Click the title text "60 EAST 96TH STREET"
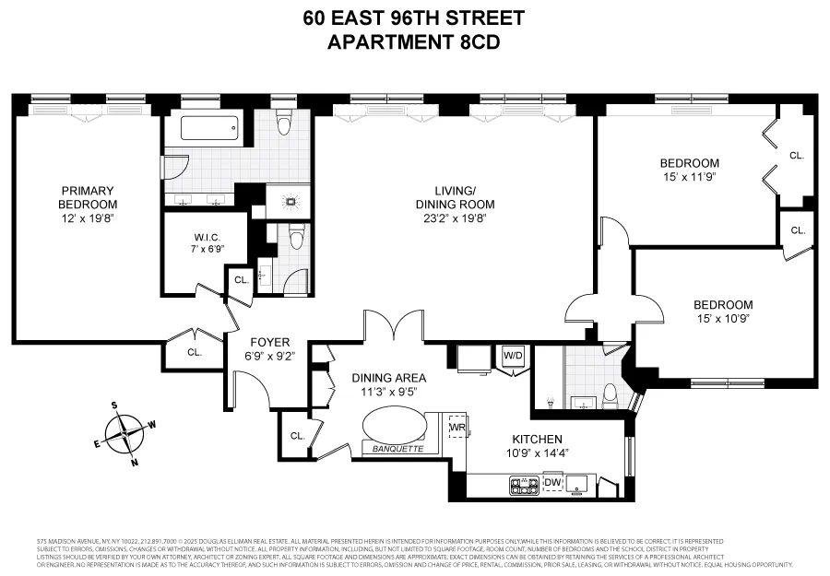414,18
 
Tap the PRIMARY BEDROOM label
88,197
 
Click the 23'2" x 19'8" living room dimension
455,218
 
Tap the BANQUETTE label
394,450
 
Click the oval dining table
395,427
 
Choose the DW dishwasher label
552,482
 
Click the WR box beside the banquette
456,429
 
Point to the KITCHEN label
527,440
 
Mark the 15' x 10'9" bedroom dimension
723,319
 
